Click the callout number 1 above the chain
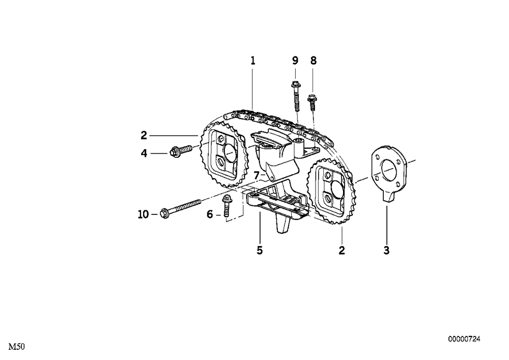point(253,61)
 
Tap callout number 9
point(295,61)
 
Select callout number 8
point(313,61)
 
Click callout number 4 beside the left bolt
point(144,153)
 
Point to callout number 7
point(257,176)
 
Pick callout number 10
point(143,214)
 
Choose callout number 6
point(210,214)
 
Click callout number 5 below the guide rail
point(260,251)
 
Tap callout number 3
point(386,251)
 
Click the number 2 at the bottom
point(342,251)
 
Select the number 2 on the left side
point(144,135)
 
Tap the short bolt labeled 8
point(312,102)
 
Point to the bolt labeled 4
point(181,151)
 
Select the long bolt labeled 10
point(181,208)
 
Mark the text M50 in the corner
point(16,347)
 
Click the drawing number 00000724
point(464,339)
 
